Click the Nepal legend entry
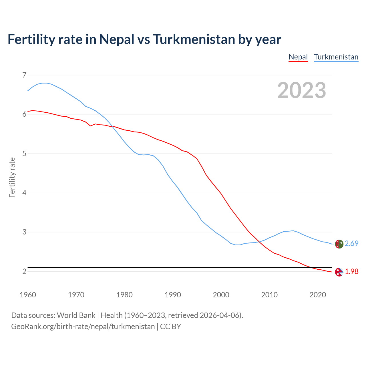(x=298, y=57)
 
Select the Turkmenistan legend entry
(x=336, y=57)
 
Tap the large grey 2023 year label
(x=301, y=90)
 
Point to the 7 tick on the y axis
(x=24, y=75)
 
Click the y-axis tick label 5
(x=24, y=154)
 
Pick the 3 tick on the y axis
(x=24, y=232)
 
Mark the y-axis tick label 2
(x=24, y=271)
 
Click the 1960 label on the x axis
(x=28, y=295)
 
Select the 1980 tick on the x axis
(x=124, y=295)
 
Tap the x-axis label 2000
(x=221, y=295)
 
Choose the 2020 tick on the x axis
(x=318, y=295)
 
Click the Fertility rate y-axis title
(x=12, y=177)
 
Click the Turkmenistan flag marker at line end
(x=339, y=244)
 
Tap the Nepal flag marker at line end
(x=339, y=272)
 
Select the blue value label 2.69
(x=351, y=243)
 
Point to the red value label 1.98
(x=351, y=271)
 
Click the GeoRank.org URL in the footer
(x=83, y=327)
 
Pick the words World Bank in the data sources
(x=76, y=315)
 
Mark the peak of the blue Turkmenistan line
(x=45, y=83)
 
